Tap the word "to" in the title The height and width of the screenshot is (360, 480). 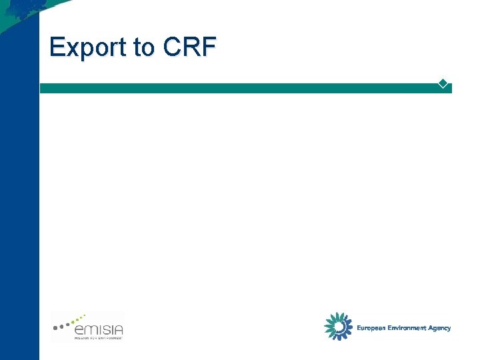pos(144,47)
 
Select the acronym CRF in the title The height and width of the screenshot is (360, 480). pos(189,47)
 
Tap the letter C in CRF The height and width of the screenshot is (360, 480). pos(173,47)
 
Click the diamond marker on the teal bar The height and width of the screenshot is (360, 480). pos(443,83)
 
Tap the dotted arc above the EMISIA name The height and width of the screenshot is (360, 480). pos(69,321)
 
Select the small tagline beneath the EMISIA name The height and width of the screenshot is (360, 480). pos(97,337)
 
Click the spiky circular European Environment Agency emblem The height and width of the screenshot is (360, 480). pos(338,327)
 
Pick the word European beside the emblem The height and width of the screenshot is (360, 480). pos(371,328)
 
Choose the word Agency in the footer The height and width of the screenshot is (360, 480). pos(440,328)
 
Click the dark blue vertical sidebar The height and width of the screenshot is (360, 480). pos(19,200)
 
